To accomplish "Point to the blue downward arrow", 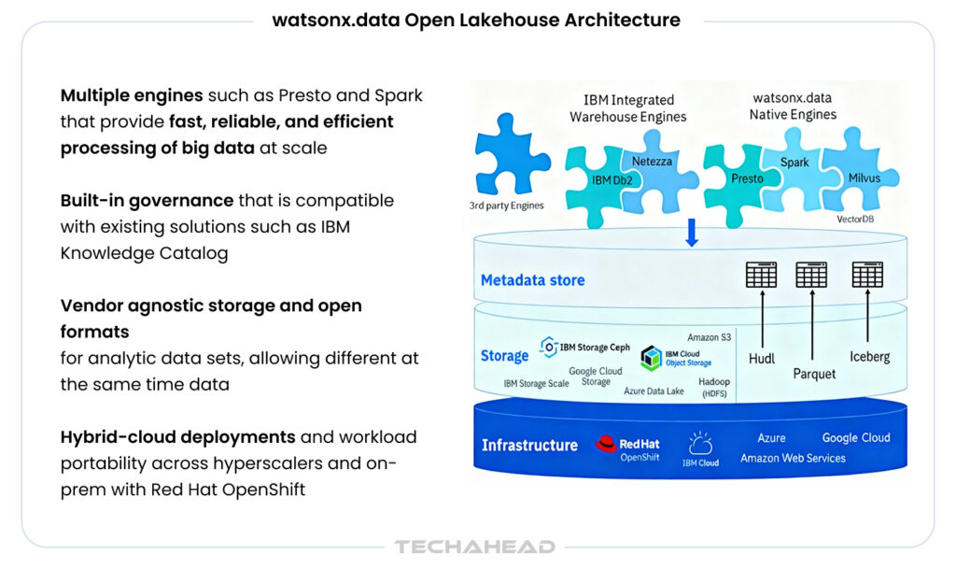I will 692,232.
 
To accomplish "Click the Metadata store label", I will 533,280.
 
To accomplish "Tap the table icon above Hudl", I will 762,275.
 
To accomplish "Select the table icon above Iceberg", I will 867,275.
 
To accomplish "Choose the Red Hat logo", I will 608,443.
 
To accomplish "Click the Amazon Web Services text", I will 793,458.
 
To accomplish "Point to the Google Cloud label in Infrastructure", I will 855,437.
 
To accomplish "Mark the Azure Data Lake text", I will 654,391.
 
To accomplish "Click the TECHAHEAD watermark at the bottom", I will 475,547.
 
